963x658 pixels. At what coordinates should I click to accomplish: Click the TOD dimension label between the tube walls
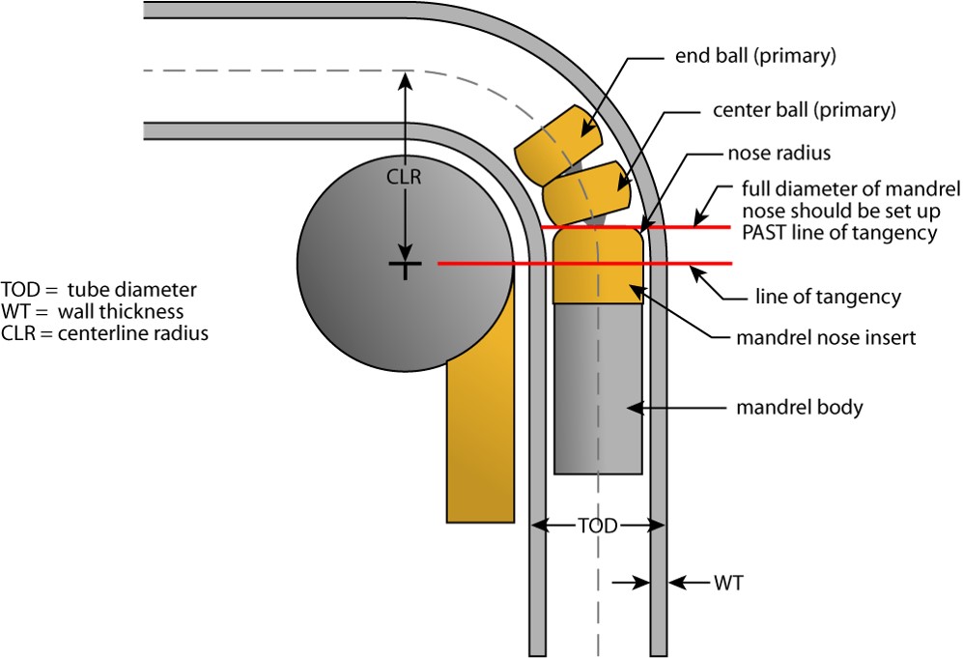598,527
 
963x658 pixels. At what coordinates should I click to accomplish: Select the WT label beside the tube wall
728,584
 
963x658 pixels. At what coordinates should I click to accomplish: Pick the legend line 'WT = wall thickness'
93,311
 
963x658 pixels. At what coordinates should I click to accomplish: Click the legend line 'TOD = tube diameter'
99,290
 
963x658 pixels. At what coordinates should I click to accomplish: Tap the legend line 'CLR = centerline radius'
104,333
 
